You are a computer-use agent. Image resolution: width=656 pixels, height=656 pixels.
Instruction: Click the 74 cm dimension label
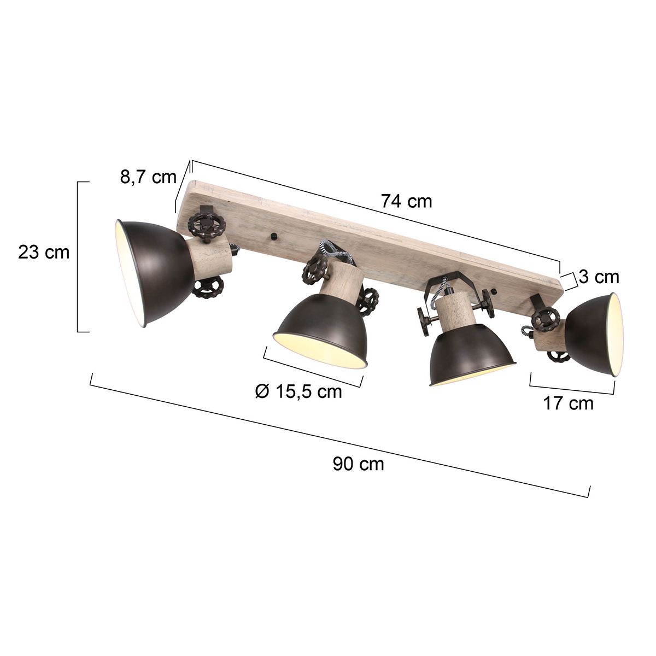(406, 201)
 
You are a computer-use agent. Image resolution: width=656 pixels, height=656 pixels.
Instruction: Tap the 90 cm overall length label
(358, 464)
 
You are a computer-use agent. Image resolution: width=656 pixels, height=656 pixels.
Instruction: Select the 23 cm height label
(44, 253)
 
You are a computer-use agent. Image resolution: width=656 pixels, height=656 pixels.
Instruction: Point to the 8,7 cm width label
(148, 177)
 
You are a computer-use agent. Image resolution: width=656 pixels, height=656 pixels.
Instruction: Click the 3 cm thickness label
(599, 277)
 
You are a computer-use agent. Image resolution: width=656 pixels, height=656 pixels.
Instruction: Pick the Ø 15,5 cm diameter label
(298, 391)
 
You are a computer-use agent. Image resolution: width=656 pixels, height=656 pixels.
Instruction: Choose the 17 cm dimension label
(568, 403)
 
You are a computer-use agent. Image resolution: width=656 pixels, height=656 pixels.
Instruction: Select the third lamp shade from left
(470, 355)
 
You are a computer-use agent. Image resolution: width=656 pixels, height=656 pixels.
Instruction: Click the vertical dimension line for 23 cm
(78, 256)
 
